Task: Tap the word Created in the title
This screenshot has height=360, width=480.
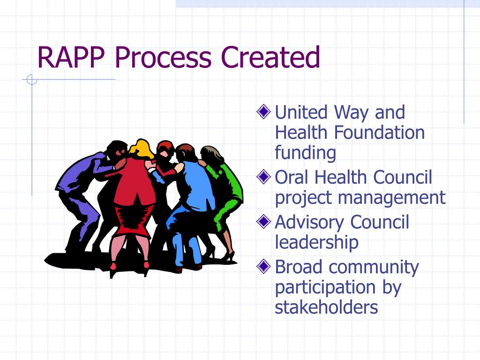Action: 270,57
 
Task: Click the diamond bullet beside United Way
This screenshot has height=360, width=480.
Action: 264,112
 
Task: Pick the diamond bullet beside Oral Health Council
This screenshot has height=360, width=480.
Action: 264,177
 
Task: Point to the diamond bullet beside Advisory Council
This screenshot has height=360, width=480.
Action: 264,221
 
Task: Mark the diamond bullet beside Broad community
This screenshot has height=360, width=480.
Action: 264,266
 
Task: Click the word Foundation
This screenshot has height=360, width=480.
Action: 380,133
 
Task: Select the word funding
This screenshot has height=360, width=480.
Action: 305,153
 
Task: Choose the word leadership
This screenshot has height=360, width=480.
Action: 316,242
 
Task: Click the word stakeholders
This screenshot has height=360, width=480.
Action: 326,307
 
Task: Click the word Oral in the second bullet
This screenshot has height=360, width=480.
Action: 292,178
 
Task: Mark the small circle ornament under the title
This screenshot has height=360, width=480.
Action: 32,80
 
